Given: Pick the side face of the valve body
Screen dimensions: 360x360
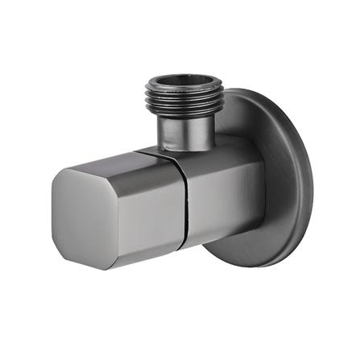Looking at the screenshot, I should point(221,193).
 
